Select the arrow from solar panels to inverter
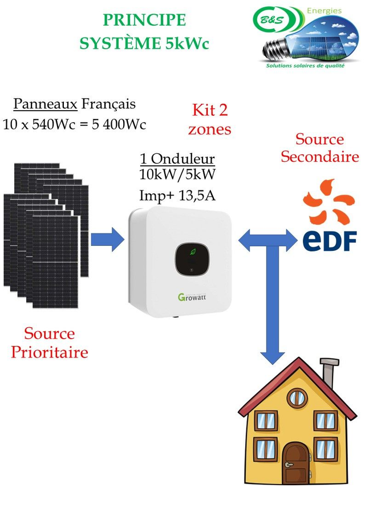(107, 239)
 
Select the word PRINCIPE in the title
(144, 20)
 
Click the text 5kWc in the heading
(187, 44)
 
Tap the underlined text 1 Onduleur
(177, 159)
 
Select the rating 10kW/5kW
(177, 173)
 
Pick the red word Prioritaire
(50, 352)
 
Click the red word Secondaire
(319, 157)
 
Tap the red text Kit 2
(210, 109)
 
